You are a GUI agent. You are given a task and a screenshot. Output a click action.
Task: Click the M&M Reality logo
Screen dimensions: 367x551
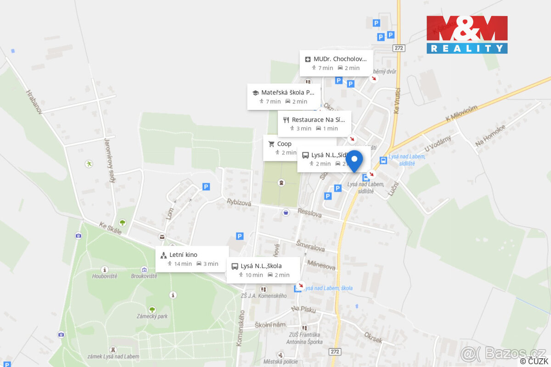tap(467, 34)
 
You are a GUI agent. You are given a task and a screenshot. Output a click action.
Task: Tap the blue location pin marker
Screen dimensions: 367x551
tap(354, 161)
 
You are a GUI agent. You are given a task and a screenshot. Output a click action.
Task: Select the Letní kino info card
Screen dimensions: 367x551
tap(192, 259)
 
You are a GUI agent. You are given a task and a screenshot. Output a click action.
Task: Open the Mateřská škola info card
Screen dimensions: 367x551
tap(284, 96)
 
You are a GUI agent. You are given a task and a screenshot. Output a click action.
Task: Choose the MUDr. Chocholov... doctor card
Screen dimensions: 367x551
tap(336, 63)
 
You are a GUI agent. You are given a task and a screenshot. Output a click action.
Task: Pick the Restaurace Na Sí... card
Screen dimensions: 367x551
tap(315, 124)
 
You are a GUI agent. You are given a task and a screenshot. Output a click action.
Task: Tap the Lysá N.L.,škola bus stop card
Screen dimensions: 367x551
tap(263, 270)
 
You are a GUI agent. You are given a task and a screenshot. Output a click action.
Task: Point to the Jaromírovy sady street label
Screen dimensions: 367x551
tap(110, 160)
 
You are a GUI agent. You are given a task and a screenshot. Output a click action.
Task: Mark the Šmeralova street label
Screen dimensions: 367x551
tap(310, 247)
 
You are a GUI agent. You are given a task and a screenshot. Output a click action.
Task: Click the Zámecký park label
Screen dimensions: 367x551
tap(152, 316)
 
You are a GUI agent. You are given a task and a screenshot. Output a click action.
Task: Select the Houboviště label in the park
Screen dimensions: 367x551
tap(105, 276)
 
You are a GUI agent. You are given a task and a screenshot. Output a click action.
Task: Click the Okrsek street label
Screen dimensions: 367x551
tap(373, 337)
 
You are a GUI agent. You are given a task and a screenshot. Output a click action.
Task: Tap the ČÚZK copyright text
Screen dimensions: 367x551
tap(534, 361)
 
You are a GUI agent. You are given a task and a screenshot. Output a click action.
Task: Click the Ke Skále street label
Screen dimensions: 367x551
tap(111, 228)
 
